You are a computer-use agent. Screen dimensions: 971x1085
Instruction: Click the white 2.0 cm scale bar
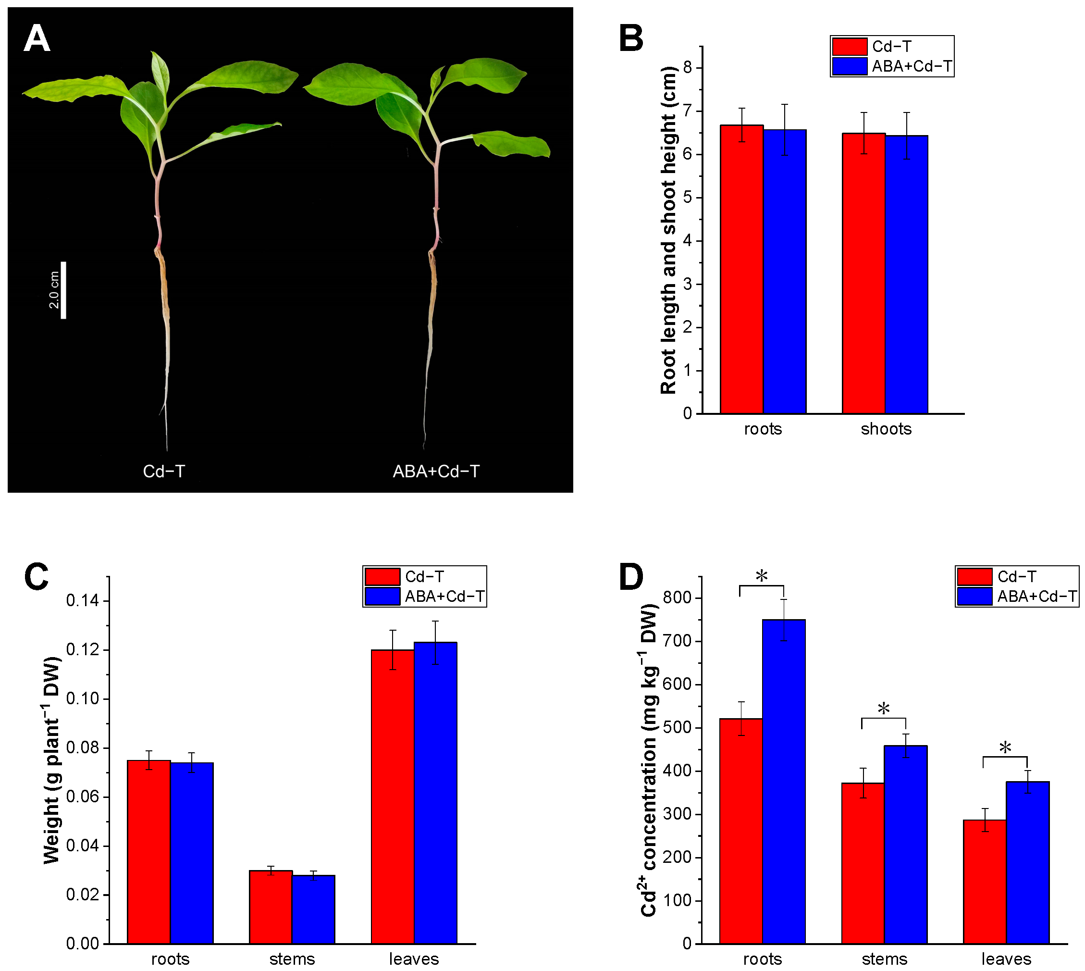[x=63, y=290]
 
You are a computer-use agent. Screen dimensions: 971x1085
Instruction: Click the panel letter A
[x=37, y=39]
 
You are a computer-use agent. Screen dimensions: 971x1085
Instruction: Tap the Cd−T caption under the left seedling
[x=164, y=472]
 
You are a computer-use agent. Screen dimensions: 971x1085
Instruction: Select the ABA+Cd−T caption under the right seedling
[x=436, y=472]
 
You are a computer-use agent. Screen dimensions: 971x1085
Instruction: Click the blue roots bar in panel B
[x=784, y=272]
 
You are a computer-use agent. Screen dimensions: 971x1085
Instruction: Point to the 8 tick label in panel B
[x=687, y=68]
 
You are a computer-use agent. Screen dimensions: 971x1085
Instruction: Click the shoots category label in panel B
[x=886, y=429]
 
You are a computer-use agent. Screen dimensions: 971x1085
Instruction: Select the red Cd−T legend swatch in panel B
[x=849, y=47]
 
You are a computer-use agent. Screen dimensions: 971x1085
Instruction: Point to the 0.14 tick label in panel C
[x=82, y=601]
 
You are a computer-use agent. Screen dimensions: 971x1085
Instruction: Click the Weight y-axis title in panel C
[x=52, y=760]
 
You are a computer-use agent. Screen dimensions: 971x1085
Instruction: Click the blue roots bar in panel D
[x=784, y=782]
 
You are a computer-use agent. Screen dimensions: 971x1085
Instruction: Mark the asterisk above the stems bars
[x=884, y=709]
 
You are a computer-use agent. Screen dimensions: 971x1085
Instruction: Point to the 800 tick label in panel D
[x=678, y=598]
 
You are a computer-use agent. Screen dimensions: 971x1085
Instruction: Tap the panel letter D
[x=631, y=577]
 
